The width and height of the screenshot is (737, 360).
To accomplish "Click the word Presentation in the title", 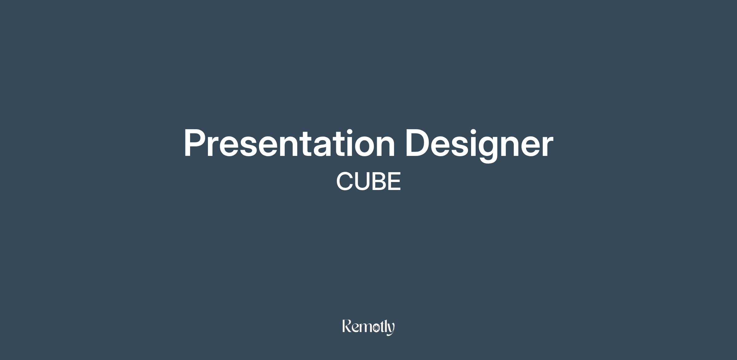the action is (289, 143).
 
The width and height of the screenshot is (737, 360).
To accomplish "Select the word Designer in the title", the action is (479, 145).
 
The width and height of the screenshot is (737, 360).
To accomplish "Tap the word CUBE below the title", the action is (368, 181).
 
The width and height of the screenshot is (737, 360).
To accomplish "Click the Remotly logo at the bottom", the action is (368, 327).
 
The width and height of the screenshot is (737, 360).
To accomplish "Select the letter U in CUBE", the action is (362, 181).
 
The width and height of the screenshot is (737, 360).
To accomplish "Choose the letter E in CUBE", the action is (395, 181).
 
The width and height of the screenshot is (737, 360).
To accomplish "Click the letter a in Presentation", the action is (320, 147).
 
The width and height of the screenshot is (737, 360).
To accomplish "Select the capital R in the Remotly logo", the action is (347, 326).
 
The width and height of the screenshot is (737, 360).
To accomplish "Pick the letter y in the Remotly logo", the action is (391, 330).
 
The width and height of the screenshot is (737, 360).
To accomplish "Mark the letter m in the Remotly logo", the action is (365, 329).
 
